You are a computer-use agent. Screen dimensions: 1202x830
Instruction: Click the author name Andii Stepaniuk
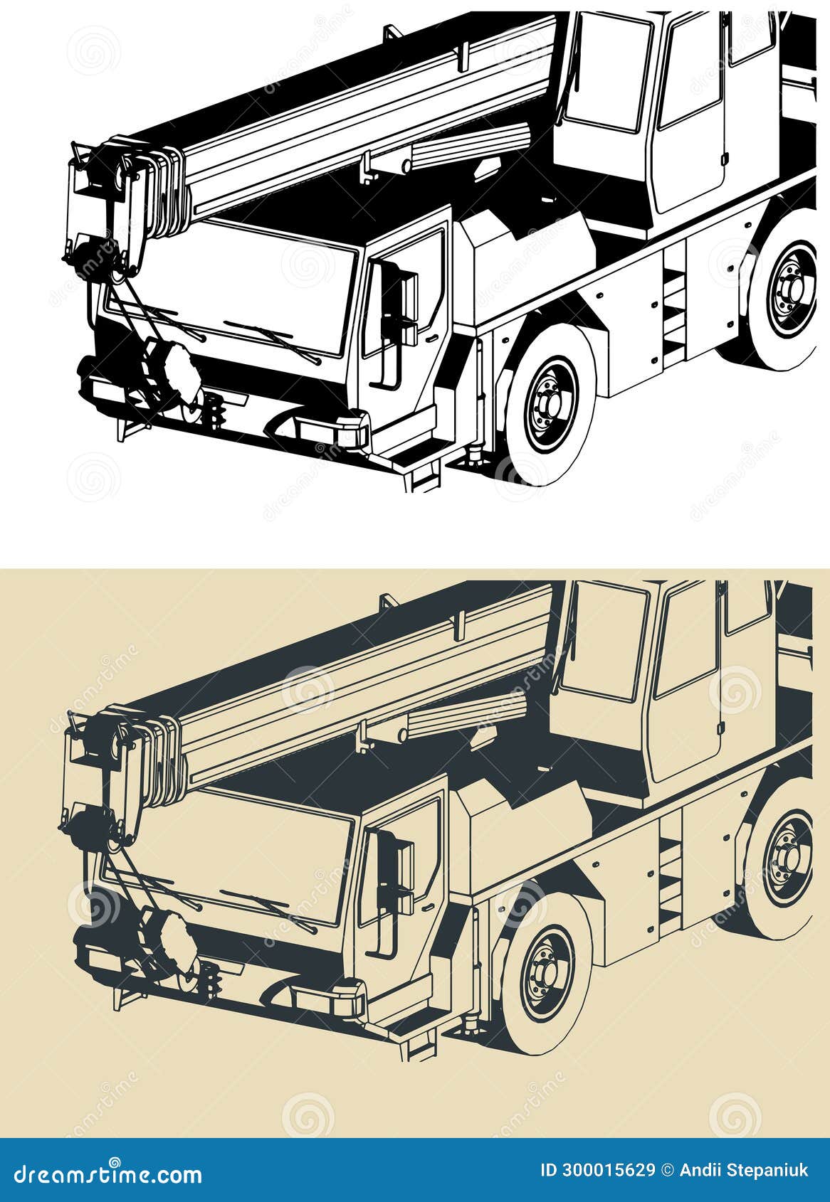(x=743, y=1170)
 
